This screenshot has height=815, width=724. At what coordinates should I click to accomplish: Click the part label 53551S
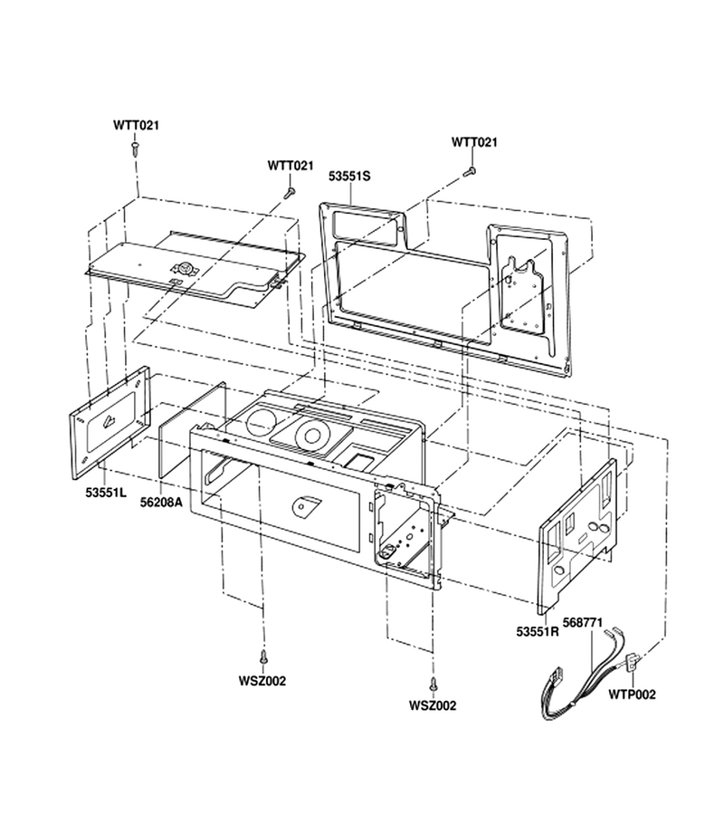(x=349, y=177)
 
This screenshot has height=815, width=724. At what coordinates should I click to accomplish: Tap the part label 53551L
(x=105, y=493)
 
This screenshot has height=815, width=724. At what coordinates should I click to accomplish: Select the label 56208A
(x=161, y=502)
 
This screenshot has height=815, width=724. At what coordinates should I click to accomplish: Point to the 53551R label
(x=538, y=631)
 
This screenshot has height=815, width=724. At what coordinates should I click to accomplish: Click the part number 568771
(x=583, y=622)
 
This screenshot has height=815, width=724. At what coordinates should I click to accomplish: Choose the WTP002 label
(x=632, y=695)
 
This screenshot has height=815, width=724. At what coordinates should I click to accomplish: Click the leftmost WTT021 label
(x=136, y=125)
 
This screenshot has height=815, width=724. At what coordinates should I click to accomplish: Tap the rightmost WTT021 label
(x=474, y=142)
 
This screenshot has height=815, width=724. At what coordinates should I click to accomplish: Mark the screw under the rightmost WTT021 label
(x=470, y=170)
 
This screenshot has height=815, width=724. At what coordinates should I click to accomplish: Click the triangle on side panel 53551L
(x=110, y=421)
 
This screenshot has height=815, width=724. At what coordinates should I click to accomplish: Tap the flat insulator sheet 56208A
(x=193, y=429)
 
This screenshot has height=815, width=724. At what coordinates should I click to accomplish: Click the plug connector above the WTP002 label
(x=634, y=659)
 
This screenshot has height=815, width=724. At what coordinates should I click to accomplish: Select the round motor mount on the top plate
(x=186, y=268)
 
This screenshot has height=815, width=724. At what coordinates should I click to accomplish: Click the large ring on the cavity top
(x=313, y=435)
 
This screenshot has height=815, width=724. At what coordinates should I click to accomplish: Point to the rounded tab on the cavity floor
(x=306, y=505)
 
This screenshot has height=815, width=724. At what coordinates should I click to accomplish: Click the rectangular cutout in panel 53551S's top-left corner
(x=367, y=224)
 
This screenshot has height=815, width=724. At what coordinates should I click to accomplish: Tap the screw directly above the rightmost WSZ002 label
(x=432, y=683)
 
